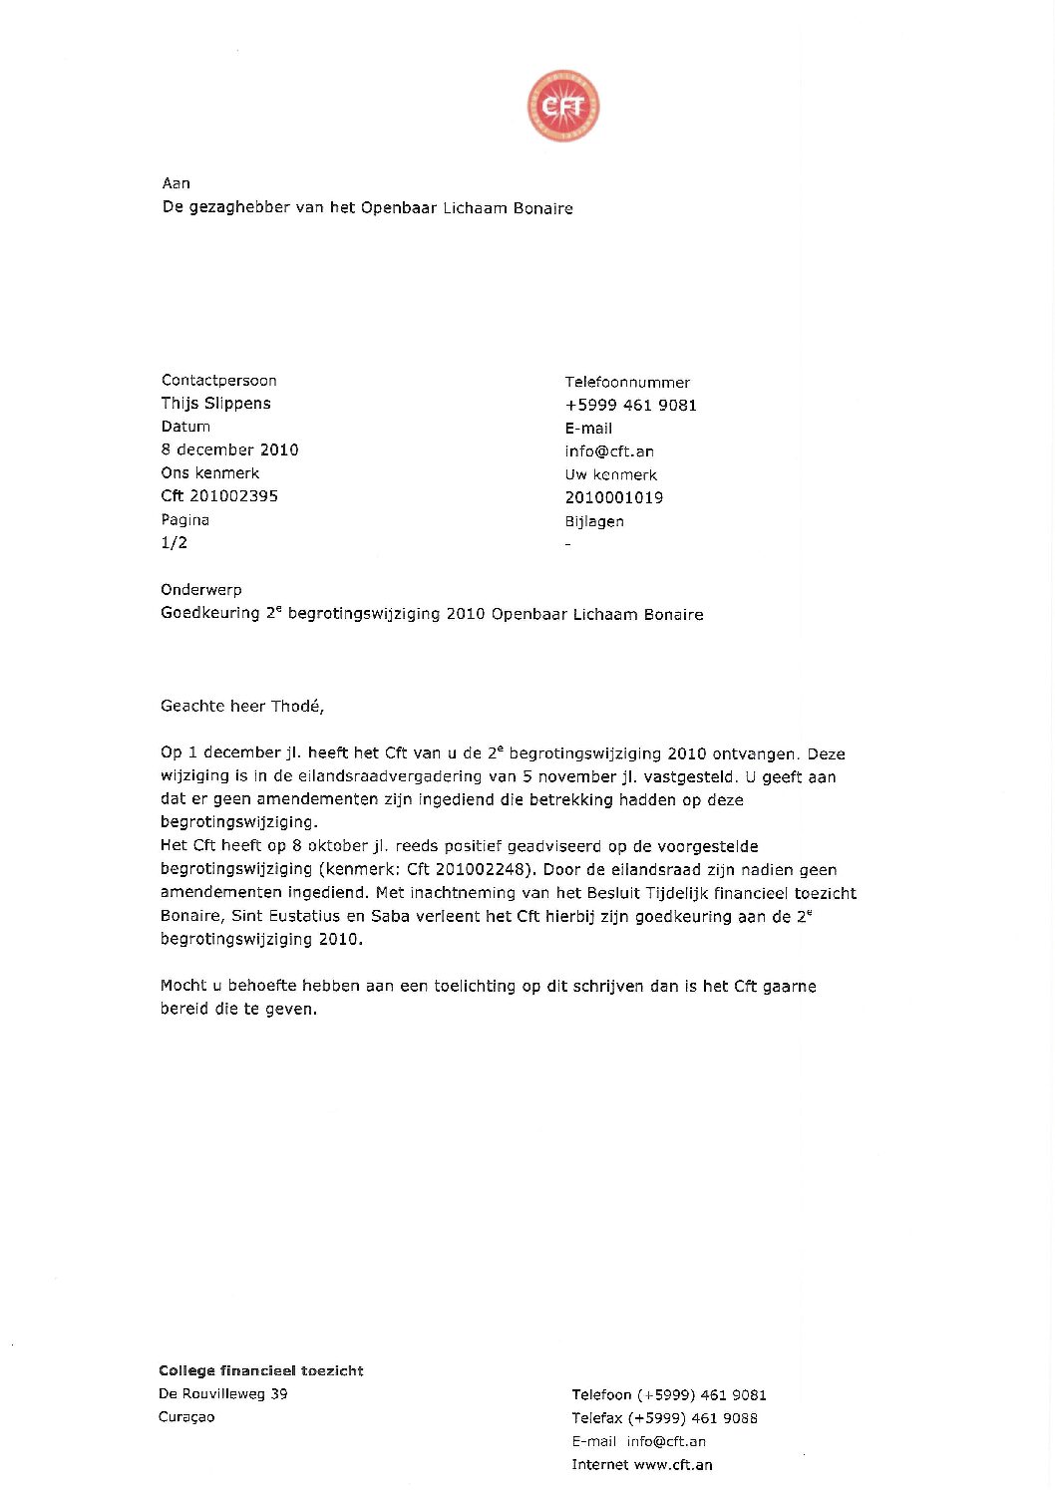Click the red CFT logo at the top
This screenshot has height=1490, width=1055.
563,106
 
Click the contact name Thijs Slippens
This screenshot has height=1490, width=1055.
215,403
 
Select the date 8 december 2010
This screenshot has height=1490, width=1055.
229,449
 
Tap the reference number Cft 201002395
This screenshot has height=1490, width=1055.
219,495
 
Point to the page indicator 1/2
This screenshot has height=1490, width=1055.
174,542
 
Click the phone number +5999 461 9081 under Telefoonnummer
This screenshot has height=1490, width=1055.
630,405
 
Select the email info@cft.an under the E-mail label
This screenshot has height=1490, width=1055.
609,450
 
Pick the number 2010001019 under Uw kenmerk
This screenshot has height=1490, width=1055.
613,497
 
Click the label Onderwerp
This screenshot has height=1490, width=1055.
200,589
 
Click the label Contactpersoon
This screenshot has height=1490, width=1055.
218,380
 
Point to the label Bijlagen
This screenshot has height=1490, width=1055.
594,521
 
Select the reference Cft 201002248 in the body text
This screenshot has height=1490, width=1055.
466,869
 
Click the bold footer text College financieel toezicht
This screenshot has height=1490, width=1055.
260,1370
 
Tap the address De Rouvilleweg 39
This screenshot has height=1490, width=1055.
222,1393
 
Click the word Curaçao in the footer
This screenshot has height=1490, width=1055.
186,1416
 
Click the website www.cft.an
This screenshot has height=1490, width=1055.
672,1464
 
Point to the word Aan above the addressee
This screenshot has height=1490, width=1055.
176,183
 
